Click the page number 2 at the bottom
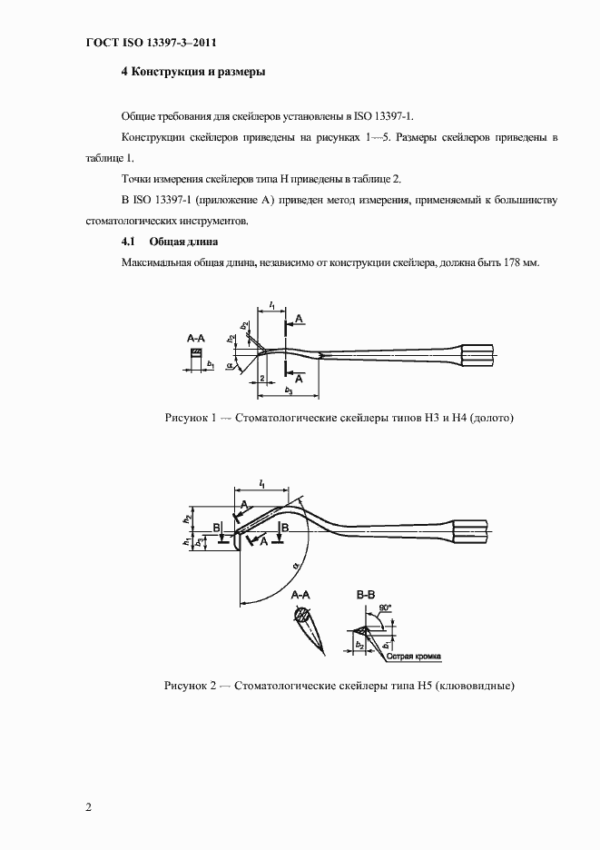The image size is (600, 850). point(87,807)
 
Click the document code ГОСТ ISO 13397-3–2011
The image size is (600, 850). point(144,43)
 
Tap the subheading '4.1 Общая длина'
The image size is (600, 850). point(169,242)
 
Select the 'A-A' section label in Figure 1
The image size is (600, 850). point(196,337)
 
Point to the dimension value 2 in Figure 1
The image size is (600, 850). point(261,376)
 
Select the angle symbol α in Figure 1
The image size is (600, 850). point(231,369)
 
